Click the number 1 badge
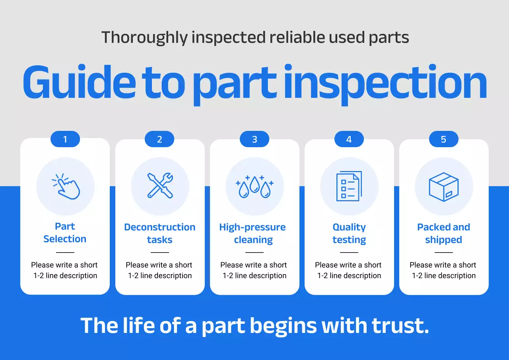tap(65, 139)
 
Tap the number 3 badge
tap(254, 139)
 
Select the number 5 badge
tap(443, 139)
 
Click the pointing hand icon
tap(66, 186)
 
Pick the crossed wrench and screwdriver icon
tap(160, 185)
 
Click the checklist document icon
tap(349, 186)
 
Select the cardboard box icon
tap(443, 187)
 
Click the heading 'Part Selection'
tap(65, 233)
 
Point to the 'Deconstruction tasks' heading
tap(160, 234)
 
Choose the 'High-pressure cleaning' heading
tap(253, 234)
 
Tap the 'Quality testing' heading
tap(349, 234)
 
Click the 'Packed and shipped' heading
tap(443, 234)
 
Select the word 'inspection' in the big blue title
tap(385, 85)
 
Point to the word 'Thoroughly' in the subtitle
tap(144, 38)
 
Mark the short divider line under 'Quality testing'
tap(349, 252)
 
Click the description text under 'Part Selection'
tap(65, 270)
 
